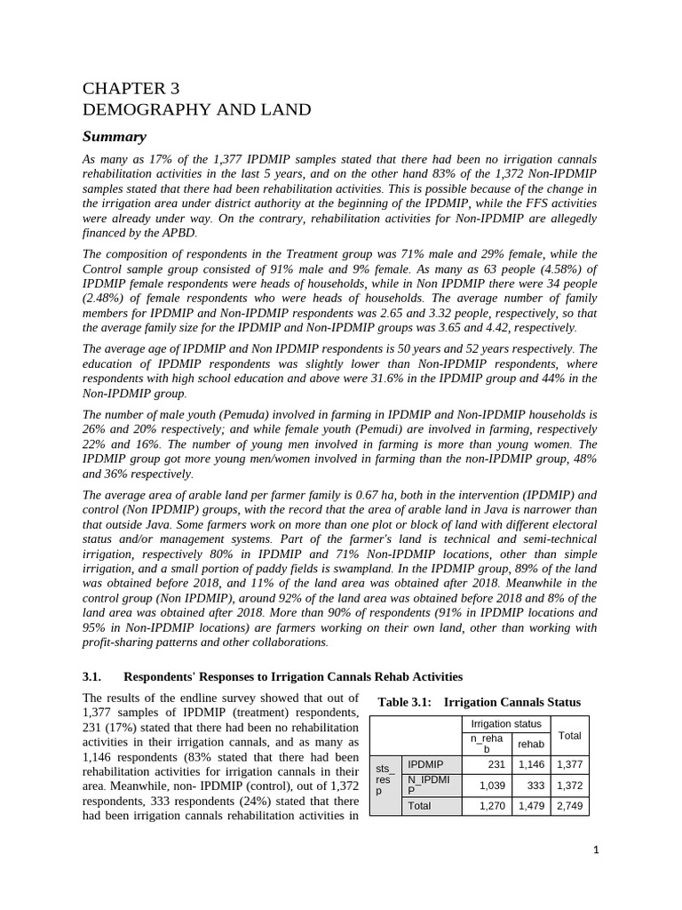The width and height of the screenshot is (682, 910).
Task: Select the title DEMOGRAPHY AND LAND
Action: [196, 110]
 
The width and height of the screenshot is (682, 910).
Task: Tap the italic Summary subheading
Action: [114, 137]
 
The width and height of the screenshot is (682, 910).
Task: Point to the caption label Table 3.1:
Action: [405, 702]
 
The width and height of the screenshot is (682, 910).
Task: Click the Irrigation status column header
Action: [505, 724]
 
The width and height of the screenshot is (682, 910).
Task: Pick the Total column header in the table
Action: [569, 735]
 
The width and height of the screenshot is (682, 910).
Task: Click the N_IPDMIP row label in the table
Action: [429, 785]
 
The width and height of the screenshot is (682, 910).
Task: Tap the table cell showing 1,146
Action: [533, 764]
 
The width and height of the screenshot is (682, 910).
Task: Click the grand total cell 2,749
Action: [569, 806]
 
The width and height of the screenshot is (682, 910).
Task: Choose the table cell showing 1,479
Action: [533, 806]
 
